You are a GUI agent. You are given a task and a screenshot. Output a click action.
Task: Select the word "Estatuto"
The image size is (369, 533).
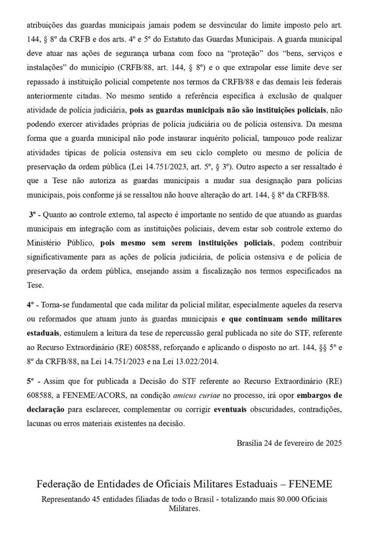192,38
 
